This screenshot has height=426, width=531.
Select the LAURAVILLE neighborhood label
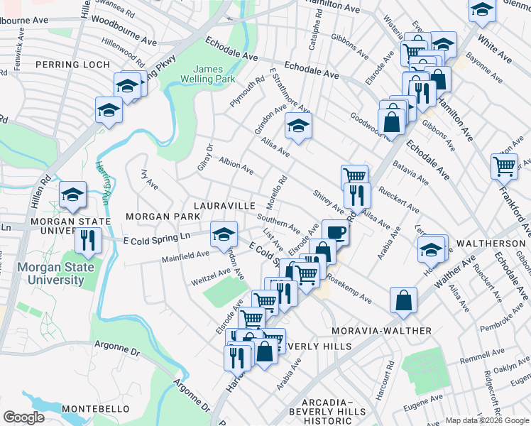click(221, 205)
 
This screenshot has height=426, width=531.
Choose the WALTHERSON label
click(490, 243)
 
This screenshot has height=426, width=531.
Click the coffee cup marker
click(334, 231)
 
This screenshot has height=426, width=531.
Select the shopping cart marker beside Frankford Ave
click(504, 167)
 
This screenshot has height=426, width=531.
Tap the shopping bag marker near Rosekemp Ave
click(403, 299)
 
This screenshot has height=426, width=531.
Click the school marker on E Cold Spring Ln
click(224, 233)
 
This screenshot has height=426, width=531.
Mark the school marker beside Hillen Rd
click(72, 195)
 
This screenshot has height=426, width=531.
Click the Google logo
click(23, 417)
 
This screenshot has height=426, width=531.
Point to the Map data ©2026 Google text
click(486, 420)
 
